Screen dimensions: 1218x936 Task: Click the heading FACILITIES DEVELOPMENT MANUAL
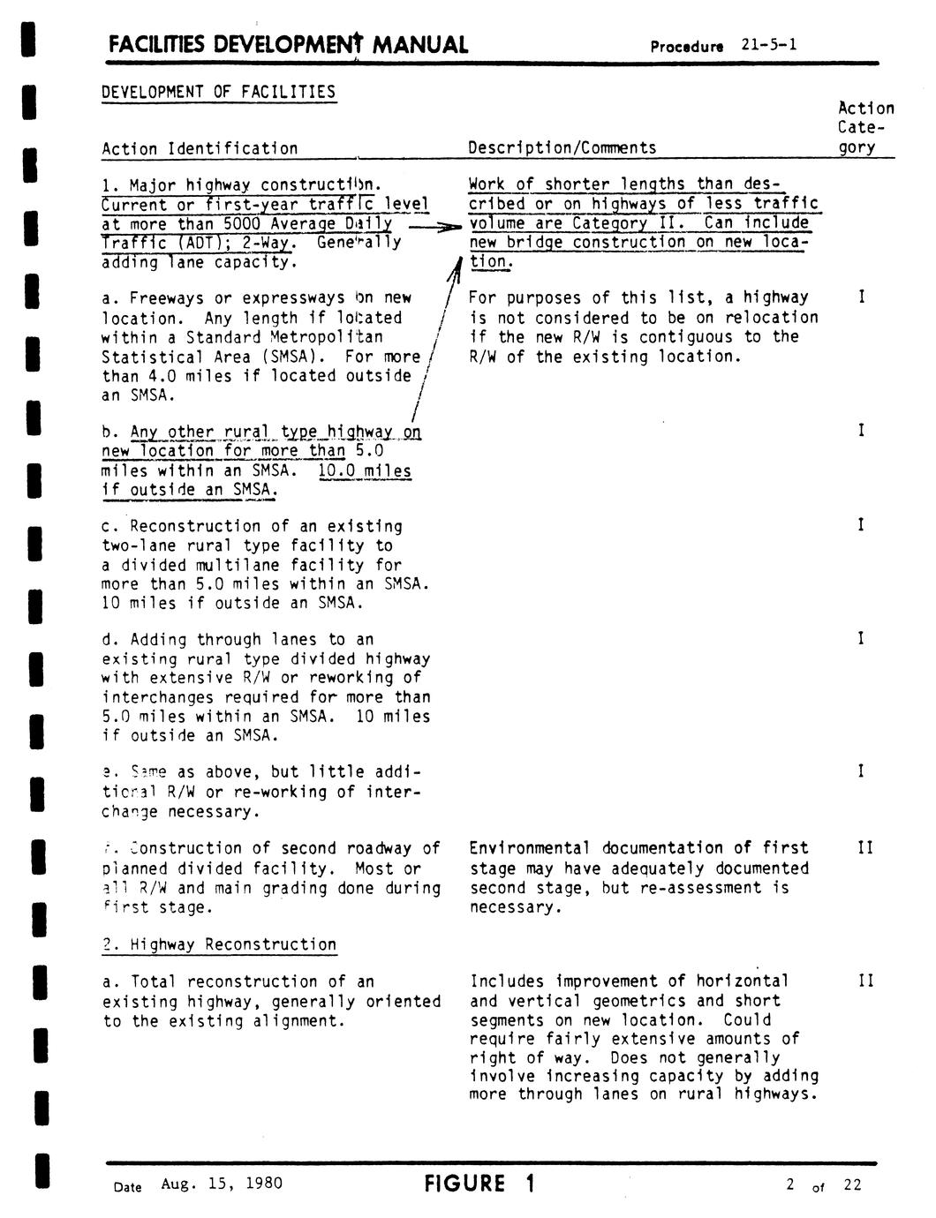(x=287, y=45)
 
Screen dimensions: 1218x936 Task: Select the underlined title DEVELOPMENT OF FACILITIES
(x=218, y=93)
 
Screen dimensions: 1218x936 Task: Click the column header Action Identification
(x=200, y=148)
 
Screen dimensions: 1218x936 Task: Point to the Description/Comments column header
(x=562, y=148)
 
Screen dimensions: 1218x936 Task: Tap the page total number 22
(x=851, y=1184)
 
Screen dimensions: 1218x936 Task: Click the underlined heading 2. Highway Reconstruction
(x=219, y=944)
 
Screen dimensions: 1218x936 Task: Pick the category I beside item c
(x=861, y=526)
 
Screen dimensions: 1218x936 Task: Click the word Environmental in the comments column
(x=528, y=848)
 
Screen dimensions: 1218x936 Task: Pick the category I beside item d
(x=861, y=639)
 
